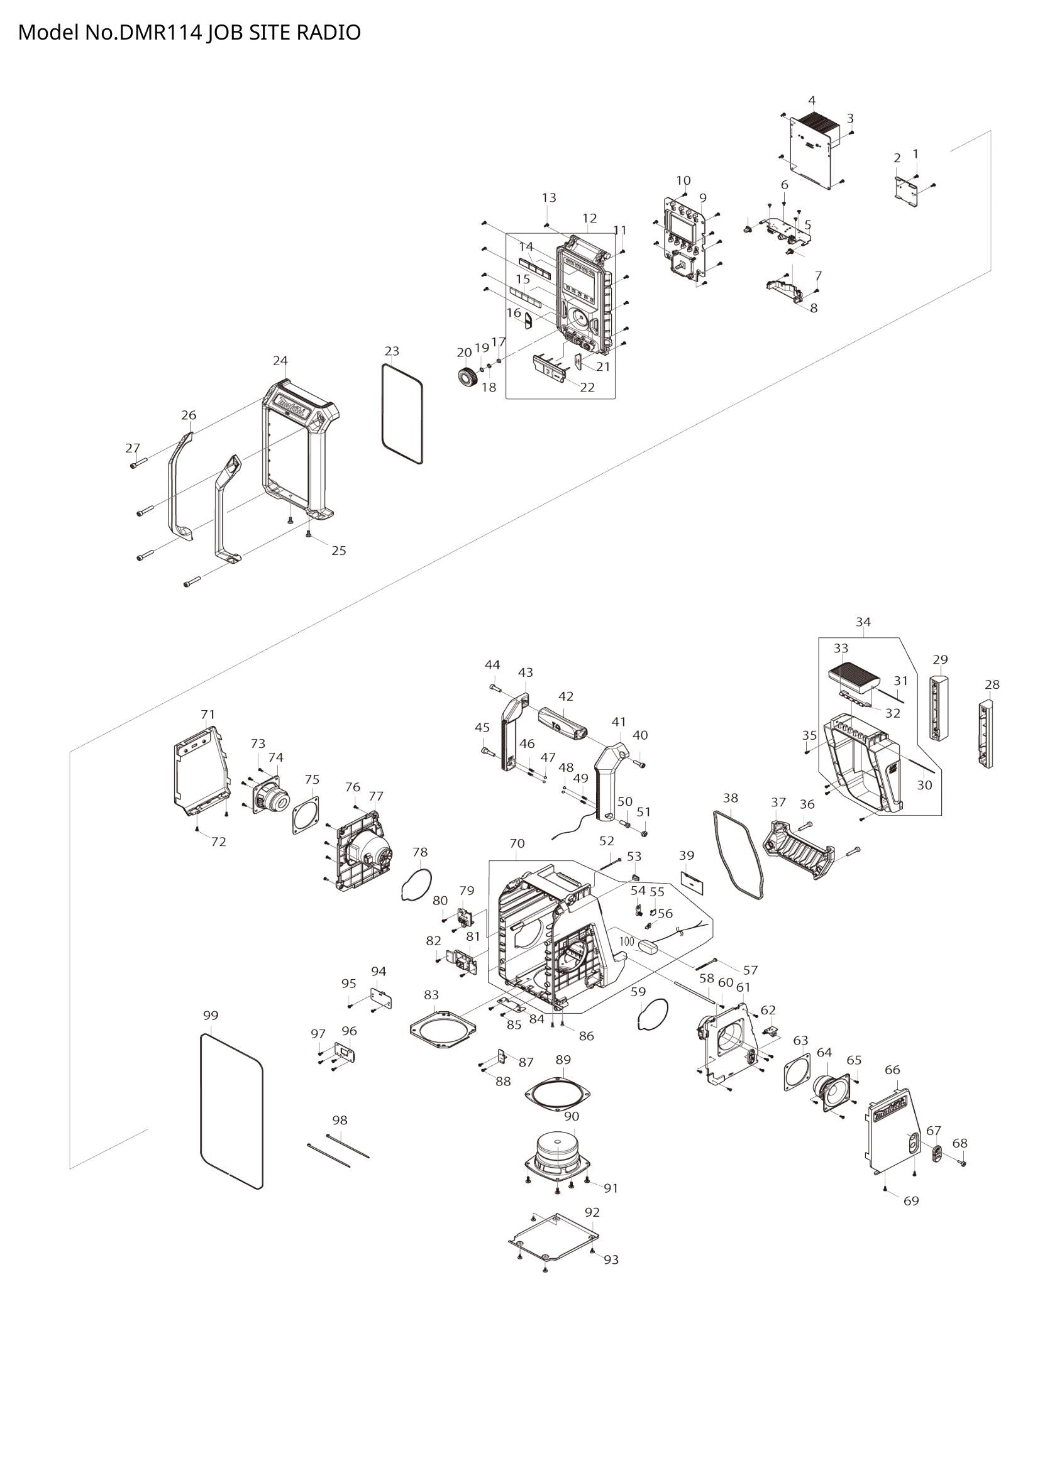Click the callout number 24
click(x=280, y=361)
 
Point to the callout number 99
click(x=210, y=1016)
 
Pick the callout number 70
click(x=517, y=844)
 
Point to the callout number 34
click(x=863, y=622)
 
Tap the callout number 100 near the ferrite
click(x=627, y=942)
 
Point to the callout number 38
click(x=730, y=798)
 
